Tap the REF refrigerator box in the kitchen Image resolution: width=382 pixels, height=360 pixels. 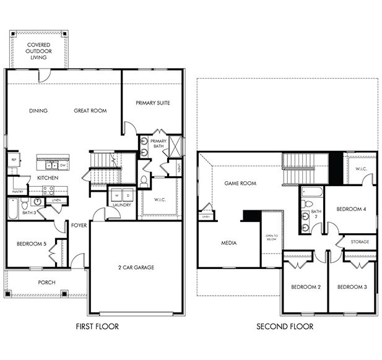(x=12, y=160)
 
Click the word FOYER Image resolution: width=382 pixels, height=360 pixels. (x=79, y=225)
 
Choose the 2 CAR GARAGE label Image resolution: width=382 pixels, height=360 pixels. (x=136, y=267)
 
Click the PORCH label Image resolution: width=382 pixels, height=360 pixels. (x=46, y=283)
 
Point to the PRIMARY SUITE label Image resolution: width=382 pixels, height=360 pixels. (x=152, y=103)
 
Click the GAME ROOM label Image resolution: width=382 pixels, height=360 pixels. (x=240, y=184)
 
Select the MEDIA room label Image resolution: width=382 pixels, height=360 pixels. (x=229, y=243)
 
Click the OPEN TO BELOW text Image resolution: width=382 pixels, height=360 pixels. (x=272, y=237)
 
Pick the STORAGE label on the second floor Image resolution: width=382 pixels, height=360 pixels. (x=360, y=241)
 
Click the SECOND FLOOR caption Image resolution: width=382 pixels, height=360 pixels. (x=285, y=326)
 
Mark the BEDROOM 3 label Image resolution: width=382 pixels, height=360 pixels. (x=352, y=287)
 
